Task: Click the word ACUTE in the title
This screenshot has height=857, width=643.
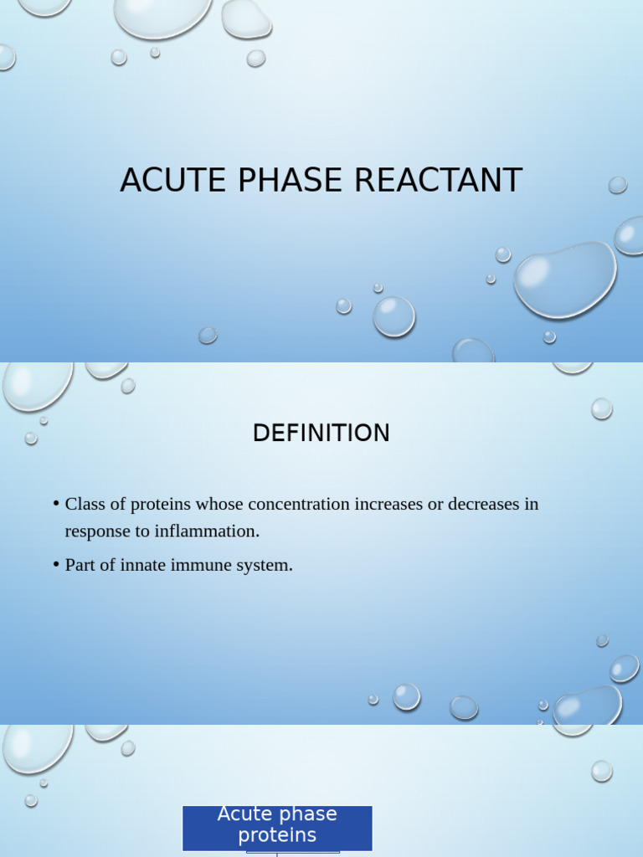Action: point(162,181)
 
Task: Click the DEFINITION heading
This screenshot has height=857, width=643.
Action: point(321,434)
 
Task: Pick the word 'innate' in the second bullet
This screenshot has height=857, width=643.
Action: point(143,565)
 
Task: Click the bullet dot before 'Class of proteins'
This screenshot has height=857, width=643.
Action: point(55,504)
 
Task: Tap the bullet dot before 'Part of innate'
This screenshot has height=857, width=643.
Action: point(55,564)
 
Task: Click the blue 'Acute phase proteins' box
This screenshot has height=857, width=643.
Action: point(277,827)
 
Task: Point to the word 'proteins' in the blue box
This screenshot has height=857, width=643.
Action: point(277,836)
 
